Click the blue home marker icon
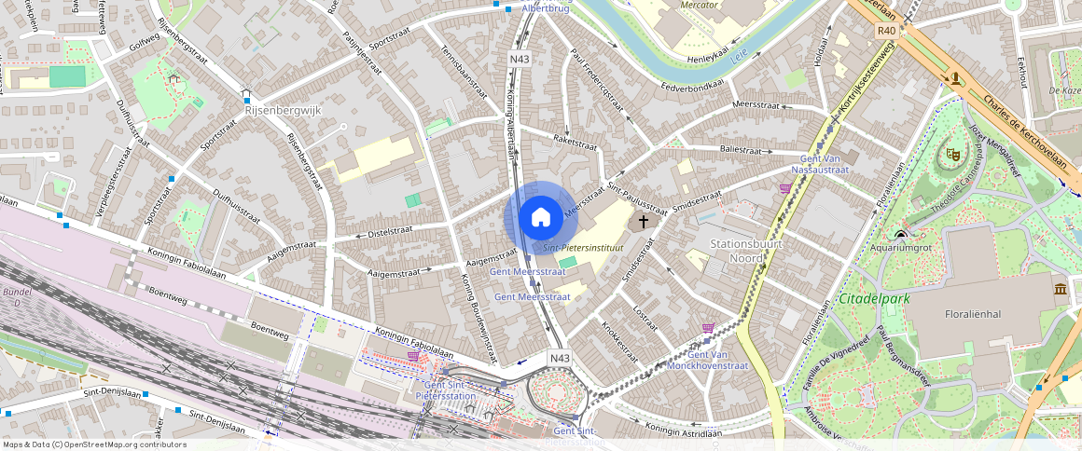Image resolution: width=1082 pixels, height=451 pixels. (x=540, y=218)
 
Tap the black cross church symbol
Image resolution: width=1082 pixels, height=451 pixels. (x=643, y=222)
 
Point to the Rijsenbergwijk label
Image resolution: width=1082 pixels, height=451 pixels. (x=282, y=109)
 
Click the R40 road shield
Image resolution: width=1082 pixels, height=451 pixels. (x=886, y=31)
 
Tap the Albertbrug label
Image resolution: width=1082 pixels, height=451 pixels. (x=546, y=8)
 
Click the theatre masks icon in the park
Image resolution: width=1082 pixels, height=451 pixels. (x=952, y=154)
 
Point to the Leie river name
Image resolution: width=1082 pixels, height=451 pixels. (x=740, y=56)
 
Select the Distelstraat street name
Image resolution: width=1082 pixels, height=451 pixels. (x=390, y=229)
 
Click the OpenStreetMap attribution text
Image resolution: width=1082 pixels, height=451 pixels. (x=94, y=444)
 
